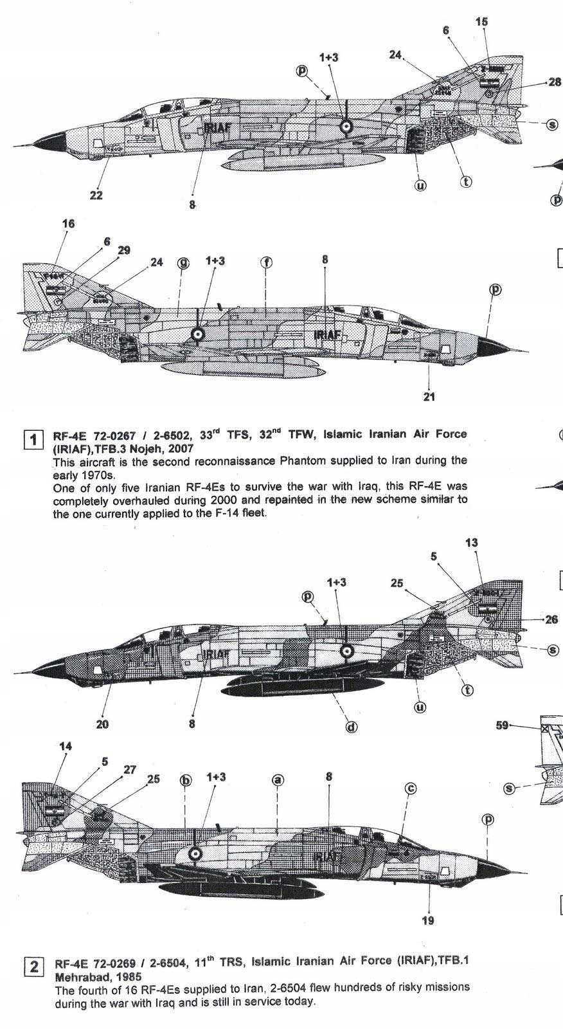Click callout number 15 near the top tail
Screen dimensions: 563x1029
(x=481, y=22)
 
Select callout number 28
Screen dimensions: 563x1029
(x=554, y=82)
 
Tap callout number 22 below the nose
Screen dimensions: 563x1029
(x=96, y=195)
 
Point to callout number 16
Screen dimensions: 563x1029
(x=69, y=223)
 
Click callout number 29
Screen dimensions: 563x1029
(x=124, y=250)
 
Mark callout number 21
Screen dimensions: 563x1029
(x=429, y=396)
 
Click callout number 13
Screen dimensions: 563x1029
(x=471, y=543)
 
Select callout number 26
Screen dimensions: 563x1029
(x=551, y=620)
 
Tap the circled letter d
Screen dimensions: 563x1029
(x=352, y=727)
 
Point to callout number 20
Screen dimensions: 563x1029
(x=102, y=724)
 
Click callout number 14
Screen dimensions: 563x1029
(x=66, y=746)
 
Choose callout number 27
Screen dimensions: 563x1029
(x=130, y=769)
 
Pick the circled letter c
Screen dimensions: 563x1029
(x=411, y=788)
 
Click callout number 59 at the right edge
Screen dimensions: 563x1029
(x=503, y=725)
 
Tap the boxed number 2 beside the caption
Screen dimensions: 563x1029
(x=33, y=967)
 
